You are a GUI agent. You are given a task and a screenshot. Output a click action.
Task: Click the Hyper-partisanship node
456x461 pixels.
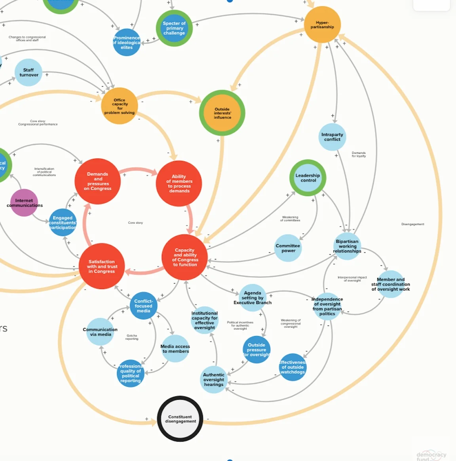[322, 25]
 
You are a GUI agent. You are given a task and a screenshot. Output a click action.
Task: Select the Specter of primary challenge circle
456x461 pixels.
[174, 28]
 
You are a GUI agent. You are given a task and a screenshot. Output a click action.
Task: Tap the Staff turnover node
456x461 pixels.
[29, 72]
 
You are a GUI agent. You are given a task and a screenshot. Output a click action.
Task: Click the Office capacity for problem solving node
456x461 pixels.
[119, 106]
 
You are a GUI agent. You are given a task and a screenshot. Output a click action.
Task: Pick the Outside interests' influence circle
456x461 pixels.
[222, 113]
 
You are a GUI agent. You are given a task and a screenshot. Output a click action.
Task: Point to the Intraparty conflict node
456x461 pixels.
[332, 137]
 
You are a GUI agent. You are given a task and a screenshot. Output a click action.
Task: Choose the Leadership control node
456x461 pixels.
[308, 178]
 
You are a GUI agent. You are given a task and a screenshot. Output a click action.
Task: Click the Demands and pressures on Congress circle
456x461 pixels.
[97, 181]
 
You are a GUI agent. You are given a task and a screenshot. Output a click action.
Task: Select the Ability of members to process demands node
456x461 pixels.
[179, 183]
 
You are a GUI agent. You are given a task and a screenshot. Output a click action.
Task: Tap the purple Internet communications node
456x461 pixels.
[24, 203]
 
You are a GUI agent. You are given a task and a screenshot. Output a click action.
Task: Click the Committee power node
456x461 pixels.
[288, 248]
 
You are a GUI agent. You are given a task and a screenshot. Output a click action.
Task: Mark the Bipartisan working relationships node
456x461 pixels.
[347, 246]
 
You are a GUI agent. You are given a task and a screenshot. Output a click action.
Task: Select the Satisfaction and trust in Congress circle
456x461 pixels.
[101, 266]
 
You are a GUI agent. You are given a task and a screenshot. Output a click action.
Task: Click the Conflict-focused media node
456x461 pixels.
[143, 306]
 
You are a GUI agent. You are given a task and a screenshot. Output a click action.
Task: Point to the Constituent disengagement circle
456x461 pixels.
[180, 419]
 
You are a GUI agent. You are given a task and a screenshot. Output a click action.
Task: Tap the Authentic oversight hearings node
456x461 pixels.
[214, 380]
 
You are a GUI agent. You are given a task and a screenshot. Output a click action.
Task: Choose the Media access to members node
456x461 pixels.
[175, 349]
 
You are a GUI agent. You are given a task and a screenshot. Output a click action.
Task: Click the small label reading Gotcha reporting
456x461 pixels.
[132, 337]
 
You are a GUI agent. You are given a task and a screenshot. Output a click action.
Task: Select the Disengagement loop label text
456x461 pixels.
[412, 224]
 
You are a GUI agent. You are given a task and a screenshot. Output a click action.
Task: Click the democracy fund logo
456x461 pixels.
[431, 456]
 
